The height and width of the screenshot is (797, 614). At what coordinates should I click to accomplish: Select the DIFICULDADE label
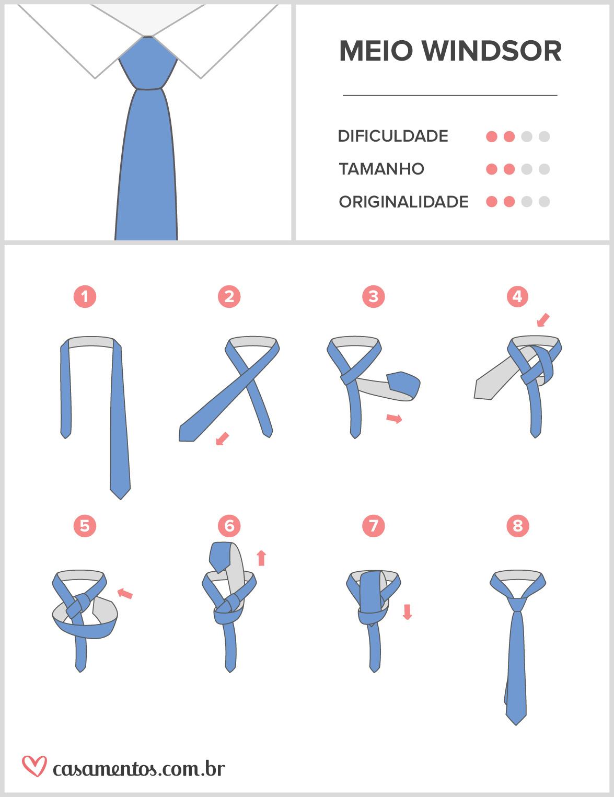point(393,136)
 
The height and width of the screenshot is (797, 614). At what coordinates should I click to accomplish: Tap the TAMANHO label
point(381,169)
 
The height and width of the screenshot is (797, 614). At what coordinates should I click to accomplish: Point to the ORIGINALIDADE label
point(403,202)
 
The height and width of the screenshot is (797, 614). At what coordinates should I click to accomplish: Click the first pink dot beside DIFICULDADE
point(492,137)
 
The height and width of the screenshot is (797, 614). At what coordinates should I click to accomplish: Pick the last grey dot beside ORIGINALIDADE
point(544,202)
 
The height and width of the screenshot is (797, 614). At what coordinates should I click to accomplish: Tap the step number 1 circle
point(85,297)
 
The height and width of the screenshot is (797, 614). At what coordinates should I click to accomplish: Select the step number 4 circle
point(517,296)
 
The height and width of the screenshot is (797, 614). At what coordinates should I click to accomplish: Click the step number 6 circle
point(229,525)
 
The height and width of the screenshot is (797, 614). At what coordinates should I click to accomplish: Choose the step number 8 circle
point(517,525)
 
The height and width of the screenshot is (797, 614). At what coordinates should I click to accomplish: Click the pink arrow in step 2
point(223,438)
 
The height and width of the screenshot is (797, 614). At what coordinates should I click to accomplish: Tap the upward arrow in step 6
point(262,558)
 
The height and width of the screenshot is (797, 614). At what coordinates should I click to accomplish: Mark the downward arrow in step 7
point(408,611)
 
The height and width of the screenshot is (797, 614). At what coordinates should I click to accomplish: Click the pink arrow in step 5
point(125,593)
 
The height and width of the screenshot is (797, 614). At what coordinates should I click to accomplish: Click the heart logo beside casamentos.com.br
point(34,766)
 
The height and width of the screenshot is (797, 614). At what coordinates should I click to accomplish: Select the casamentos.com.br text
point(139,769)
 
